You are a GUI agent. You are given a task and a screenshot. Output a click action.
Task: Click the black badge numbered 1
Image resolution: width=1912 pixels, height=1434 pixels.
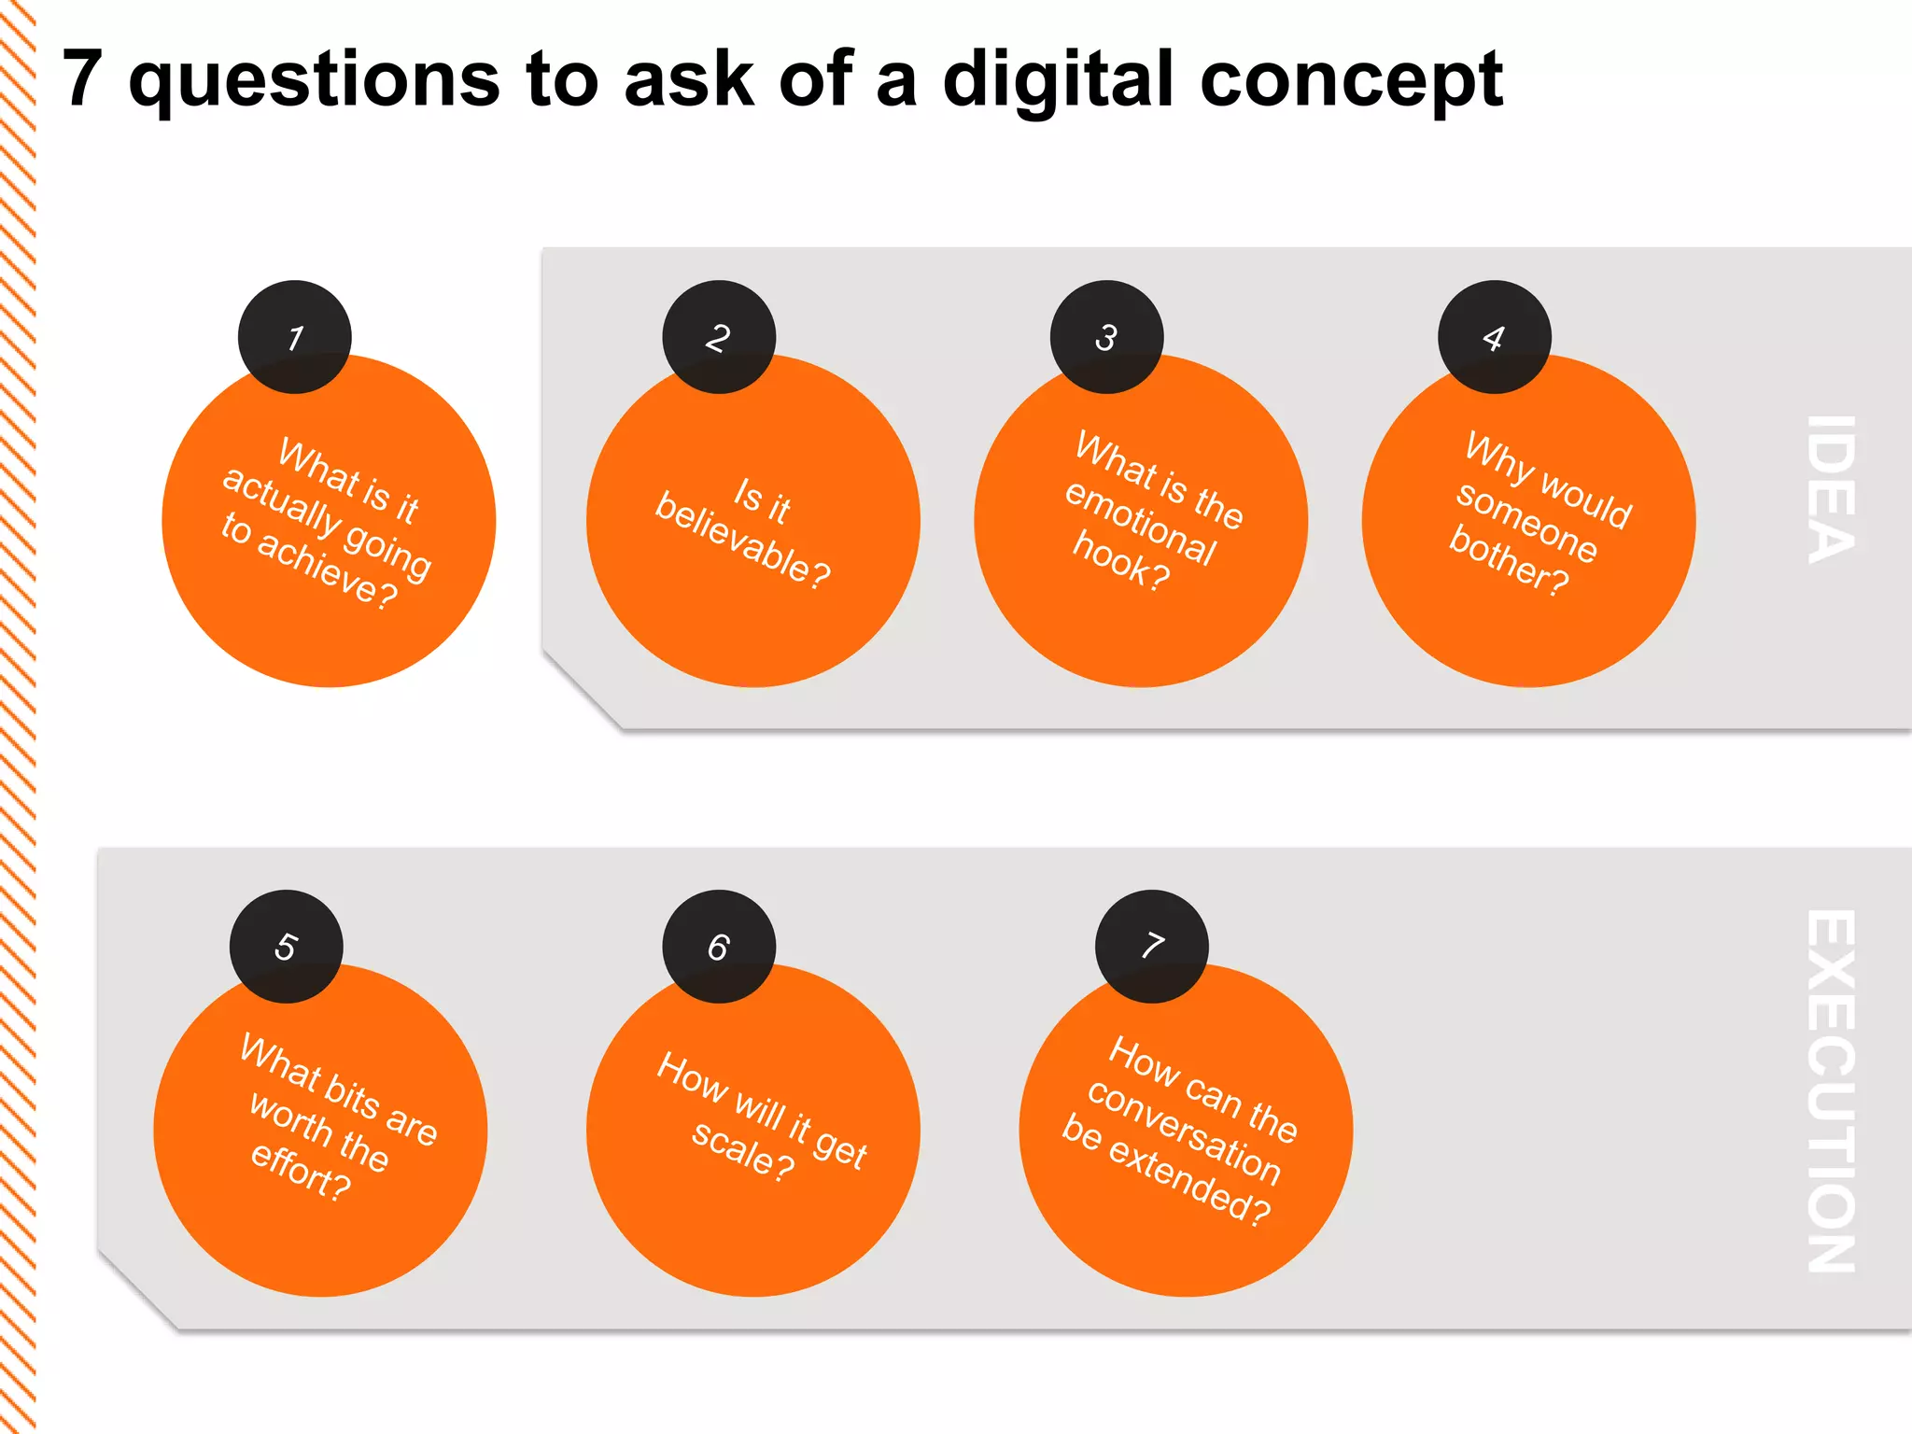click(295, 337)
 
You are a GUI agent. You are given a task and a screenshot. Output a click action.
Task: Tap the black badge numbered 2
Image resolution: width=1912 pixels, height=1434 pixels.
click(719, 337)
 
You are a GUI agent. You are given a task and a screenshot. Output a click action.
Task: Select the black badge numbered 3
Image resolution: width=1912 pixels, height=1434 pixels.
click(1106, 337)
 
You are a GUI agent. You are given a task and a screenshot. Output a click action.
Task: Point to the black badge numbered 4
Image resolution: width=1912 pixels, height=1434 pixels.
click(1494, 337)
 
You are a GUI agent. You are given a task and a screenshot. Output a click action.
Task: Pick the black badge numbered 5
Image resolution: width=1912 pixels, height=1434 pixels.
click(287, 946)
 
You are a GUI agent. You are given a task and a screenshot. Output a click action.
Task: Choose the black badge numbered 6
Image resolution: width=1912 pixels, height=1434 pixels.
click(719, 946)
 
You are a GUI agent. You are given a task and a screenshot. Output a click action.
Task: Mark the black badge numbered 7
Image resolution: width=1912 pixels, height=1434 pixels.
click(1152, 946)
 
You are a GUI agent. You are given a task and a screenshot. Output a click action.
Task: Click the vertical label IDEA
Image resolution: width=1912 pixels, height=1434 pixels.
click(1832, 489)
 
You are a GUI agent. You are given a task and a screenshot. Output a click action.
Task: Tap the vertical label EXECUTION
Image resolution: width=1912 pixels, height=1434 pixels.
click(1832, 1090)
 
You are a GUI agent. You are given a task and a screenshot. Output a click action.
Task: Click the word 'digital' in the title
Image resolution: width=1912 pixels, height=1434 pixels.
click(1058, 80)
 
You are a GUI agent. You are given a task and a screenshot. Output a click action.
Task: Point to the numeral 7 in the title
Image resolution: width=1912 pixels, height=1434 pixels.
click(82, 78)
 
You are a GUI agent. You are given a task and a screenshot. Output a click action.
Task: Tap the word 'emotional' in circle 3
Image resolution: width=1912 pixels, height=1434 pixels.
click(1141, 523)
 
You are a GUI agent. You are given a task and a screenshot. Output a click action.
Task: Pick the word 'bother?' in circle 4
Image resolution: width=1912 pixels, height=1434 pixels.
click(1509, 561)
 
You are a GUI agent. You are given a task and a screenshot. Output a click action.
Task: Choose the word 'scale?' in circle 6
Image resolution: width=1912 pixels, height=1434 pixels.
click(743, 1149)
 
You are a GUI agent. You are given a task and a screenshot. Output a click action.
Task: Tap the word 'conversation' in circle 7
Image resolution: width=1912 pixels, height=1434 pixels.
click(1184, 1131)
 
